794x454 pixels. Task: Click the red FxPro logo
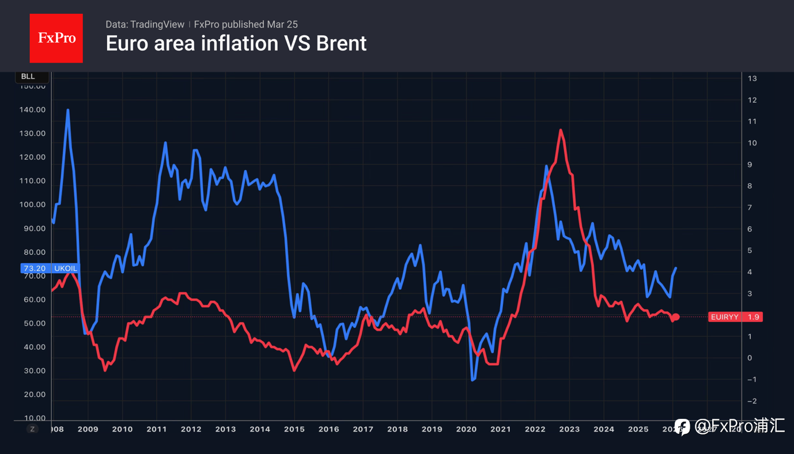(56, 38)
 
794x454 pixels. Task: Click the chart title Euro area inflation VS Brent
(236, 43)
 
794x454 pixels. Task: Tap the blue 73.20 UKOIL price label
(50, 268)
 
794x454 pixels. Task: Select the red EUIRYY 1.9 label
(735, 317)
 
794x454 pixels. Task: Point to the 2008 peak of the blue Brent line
(68, 110)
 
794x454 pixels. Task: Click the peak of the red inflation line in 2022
(560, 130)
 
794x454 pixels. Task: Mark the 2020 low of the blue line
(472, 380)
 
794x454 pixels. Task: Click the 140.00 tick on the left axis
(33, 109)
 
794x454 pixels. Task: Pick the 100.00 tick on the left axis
(33, 205)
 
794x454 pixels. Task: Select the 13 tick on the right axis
(752, 78)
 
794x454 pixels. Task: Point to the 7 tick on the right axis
(750, 207)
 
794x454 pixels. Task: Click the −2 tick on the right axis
(751, 401)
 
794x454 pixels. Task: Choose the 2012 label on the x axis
(191, 429)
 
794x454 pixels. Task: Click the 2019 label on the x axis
(432, 429)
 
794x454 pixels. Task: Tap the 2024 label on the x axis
(603, 429)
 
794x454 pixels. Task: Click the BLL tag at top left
(28, 77)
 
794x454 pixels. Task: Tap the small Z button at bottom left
(33, 429)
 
